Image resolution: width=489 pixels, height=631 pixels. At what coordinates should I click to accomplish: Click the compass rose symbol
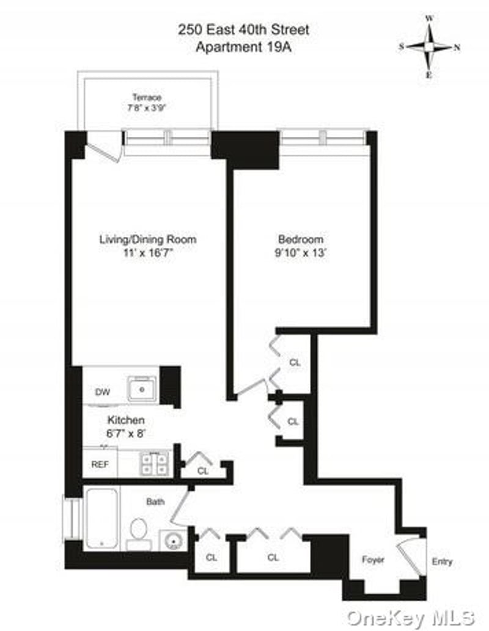click(430, 46)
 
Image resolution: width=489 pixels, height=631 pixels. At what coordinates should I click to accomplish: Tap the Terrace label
click(147, 97)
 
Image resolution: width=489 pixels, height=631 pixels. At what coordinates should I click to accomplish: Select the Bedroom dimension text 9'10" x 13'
click(301, 252)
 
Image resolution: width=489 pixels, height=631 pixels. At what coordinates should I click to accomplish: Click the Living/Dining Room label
click(148, 239)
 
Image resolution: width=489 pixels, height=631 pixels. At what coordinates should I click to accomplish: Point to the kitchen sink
click(142, 388)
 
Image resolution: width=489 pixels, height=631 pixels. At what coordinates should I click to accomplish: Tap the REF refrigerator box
click(100, 464)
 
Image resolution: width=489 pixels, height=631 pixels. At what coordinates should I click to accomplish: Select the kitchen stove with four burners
click(155, 464)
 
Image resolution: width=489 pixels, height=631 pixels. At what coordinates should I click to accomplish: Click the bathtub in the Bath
click(101, 517)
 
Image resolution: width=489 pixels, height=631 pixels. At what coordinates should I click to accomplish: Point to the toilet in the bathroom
click(139, 530)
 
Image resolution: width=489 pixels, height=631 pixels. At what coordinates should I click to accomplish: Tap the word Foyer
click(373, 560)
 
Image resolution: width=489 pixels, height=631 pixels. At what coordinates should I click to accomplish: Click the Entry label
click(443, 561)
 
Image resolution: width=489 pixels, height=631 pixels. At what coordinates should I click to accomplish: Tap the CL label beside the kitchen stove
click(203, 471)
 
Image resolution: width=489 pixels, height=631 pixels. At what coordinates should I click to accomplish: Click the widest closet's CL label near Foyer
click(273, 557)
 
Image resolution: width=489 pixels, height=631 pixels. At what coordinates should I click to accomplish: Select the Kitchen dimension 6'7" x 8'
click(126, 434)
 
